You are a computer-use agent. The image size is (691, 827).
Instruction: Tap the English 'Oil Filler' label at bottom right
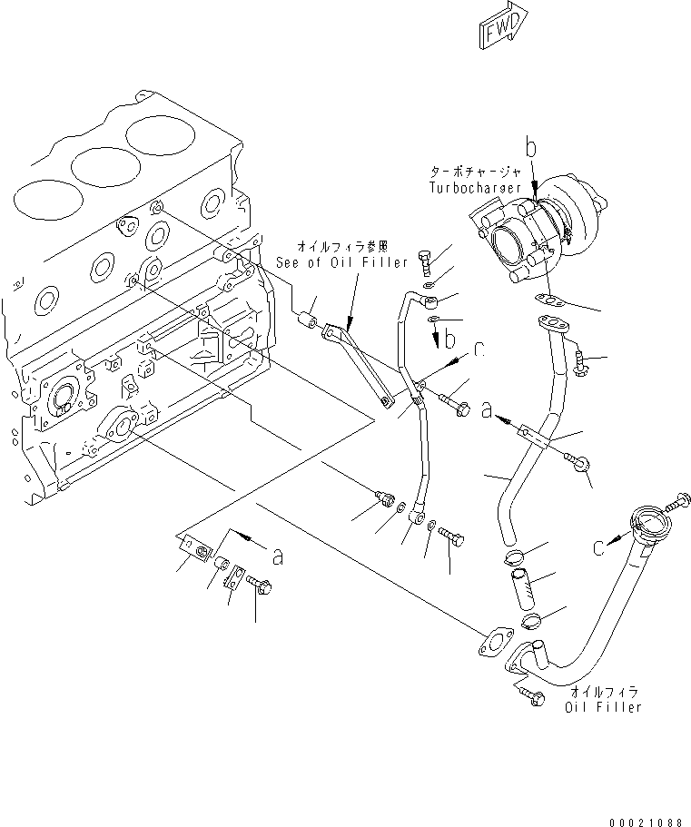pos(604,706)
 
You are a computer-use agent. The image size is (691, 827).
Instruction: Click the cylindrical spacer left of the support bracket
pos(309,320)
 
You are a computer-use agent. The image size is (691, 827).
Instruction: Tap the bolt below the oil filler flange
pos(531,697)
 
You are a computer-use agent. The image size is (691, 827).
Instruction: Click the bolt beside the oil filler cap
pos(680,499)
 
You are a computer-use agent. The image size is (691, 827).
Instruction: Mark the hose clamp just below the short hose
pos(531,622)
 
